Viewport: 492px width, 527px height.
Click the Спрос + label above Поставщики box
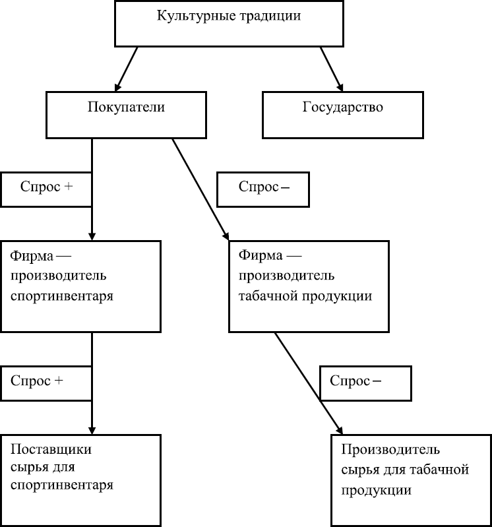46,381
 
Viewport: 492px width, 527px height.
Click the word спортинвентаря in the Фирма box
63,296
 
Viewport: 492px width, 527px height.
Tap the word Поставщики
51,450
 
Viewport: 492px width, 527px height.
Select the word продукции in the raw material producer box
377,491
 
